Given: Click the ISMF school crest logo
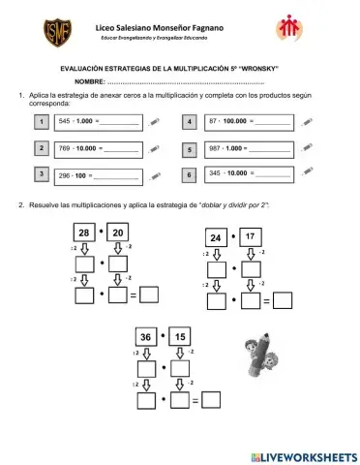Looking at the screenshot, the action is pyautogui.click(x=49, y=38).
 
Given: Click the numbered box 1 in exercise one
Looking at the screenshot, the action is pyautogui.click(x=41, y=121).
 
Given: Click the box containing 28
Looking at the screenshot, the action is pyautogui.click(x=86, y=233).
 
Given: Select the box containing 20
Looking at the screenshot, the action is pyautogui.click(x=119, y=233).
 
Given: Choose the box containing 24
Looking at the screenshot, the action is pyautogui.click(x=217, y=237).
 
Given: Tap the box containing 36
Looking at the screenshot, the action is pyautogui.click(x=146, y=338).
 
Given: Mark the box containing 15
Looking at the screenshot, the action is pyautogui.click(x=179, y=338).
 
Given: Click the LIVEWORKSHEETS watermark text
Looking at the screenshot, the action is pyautogui.click(x=302, y=456).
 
